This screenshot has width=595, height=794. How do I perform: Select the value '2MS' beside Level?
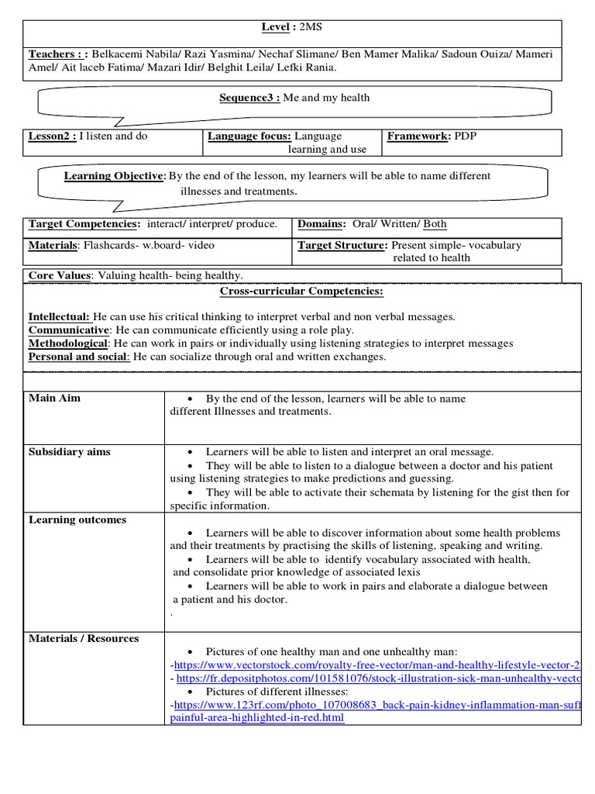click(311, 28)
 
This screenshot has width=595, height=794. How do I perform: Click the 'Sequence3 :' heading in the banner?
click(250, 98)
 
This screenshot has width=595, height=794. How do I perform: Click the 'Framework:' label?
click(418, 136)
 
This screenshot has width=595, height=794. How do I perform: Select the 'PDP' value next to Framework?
click(466, 136)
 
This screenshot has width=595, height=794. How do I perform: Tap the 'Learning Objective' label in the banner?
click(114, 176)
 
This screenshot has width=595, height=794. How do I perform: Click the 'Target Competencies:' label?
click(84, 224)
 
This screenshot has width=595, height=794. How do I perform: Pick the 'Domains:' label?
click(322, 224)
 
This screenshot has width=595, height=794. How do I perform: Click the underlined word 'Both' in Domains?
click(435, 224)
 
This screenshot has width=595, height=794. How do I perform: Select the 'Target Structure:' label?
click(342, 245)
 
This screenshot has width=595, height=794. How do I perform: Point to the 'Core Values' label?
click(60, 275)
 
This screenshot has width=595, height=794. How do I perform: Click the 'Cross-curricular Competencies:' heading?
click(301, 292)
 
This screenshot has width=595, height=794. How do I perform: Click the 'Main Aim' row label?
click(54, 398)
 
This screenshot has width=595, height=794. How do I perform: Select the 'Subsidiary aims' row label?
click(70, 451)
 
